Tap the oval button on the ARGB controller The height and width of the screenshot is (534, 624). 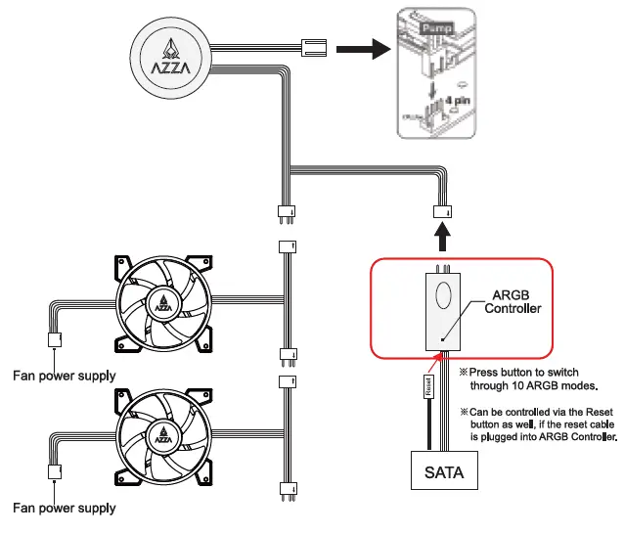coord(442,295)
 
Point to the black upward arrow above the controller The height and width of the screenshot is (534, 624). coord(442,237)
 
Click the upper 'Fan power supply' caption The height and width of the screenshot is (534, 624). coord(64,376)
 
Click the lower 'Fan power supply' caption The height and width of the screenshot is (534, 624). coord(64,508)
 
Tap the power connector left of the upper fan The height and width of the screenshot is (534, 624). coord(54,340)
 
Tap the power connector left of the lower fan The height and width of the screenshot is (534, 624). coord(54,472)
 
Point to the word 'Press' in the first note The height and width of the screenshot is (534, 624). coord(486,373)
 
